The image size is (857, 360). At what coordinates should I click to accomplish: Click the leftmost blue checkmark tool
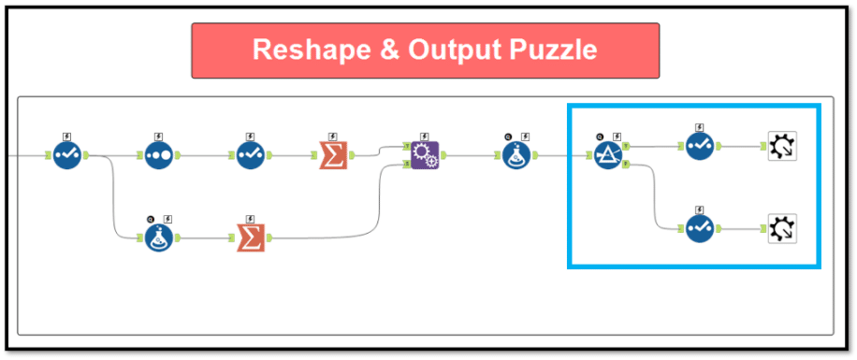point(68,154)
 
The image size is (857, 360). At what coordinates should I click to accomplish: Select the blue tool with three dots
point(160,154)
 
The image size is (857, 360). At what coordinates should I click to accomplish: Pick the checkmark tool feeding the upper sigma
point(250,154)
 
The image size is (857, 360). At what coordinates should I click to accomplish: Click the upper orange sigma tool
point(333,154)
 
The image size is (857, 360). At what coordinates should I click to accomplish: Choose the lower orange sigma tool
point(250,238)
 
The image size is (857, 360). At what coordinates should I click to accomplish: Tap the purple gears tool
point(424,154)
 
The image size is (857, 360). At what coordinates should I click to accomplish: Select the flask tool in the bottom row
point(160,238)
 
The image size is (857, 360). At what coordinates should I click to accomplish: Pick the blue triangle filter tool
point(607,154)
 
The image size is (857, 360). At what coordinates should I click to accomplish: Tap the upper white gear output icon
point(781,147)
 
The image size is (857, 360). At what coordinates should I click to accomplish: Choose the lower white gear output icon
point(781,228)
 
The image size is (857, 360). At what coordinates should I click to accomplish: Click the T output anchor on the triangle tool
point(626,147)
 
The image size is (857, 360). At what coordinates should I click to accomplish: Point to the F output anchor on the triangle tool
point(626,165)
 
